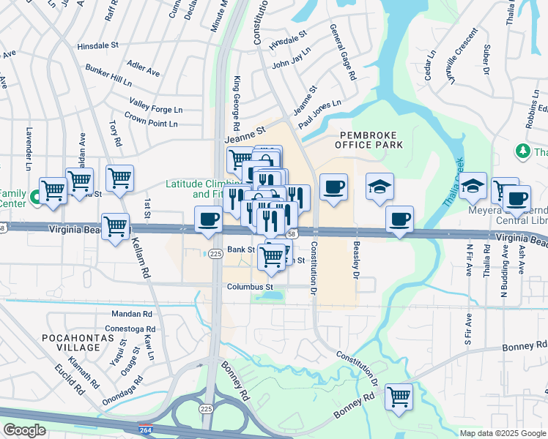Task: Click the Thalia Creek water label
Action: point(453,182)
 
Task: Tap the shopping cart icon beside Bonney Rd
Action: point(399,397)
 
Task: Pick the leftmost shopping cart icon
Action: point(53,190)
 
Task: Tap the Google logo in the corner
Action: point(24,429)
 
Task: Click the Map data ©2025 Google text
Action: point(503,433)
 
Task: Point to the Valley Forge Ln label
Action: point(155,105)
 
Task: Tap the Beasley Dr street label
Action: point(357,259)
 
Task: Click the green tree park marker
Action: point(522,151)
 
